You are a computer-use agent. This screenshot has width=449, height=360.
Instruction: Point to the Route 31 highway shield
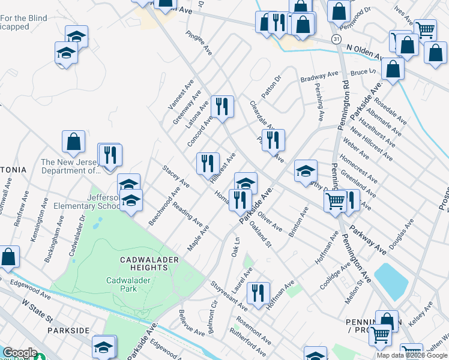336,38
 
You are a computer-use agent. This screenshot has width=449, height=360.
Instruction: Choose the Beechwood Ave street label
164,206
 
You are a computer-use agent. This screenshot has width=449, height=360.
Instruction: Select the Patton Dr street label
271,88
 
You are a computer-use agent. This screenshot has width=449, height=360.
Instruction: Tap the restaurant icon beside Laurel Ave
258,293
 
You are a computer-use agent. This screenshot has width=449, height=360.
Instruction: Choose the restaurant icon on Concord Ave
223,107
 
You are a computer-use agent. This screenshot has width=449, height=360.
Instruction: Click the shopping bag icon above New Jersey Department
73,142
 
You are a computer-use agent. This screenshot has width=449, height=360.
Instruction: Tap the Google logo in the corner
19,353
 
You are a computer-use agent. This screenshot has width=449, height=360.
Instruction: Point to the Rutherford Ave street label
247,341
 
